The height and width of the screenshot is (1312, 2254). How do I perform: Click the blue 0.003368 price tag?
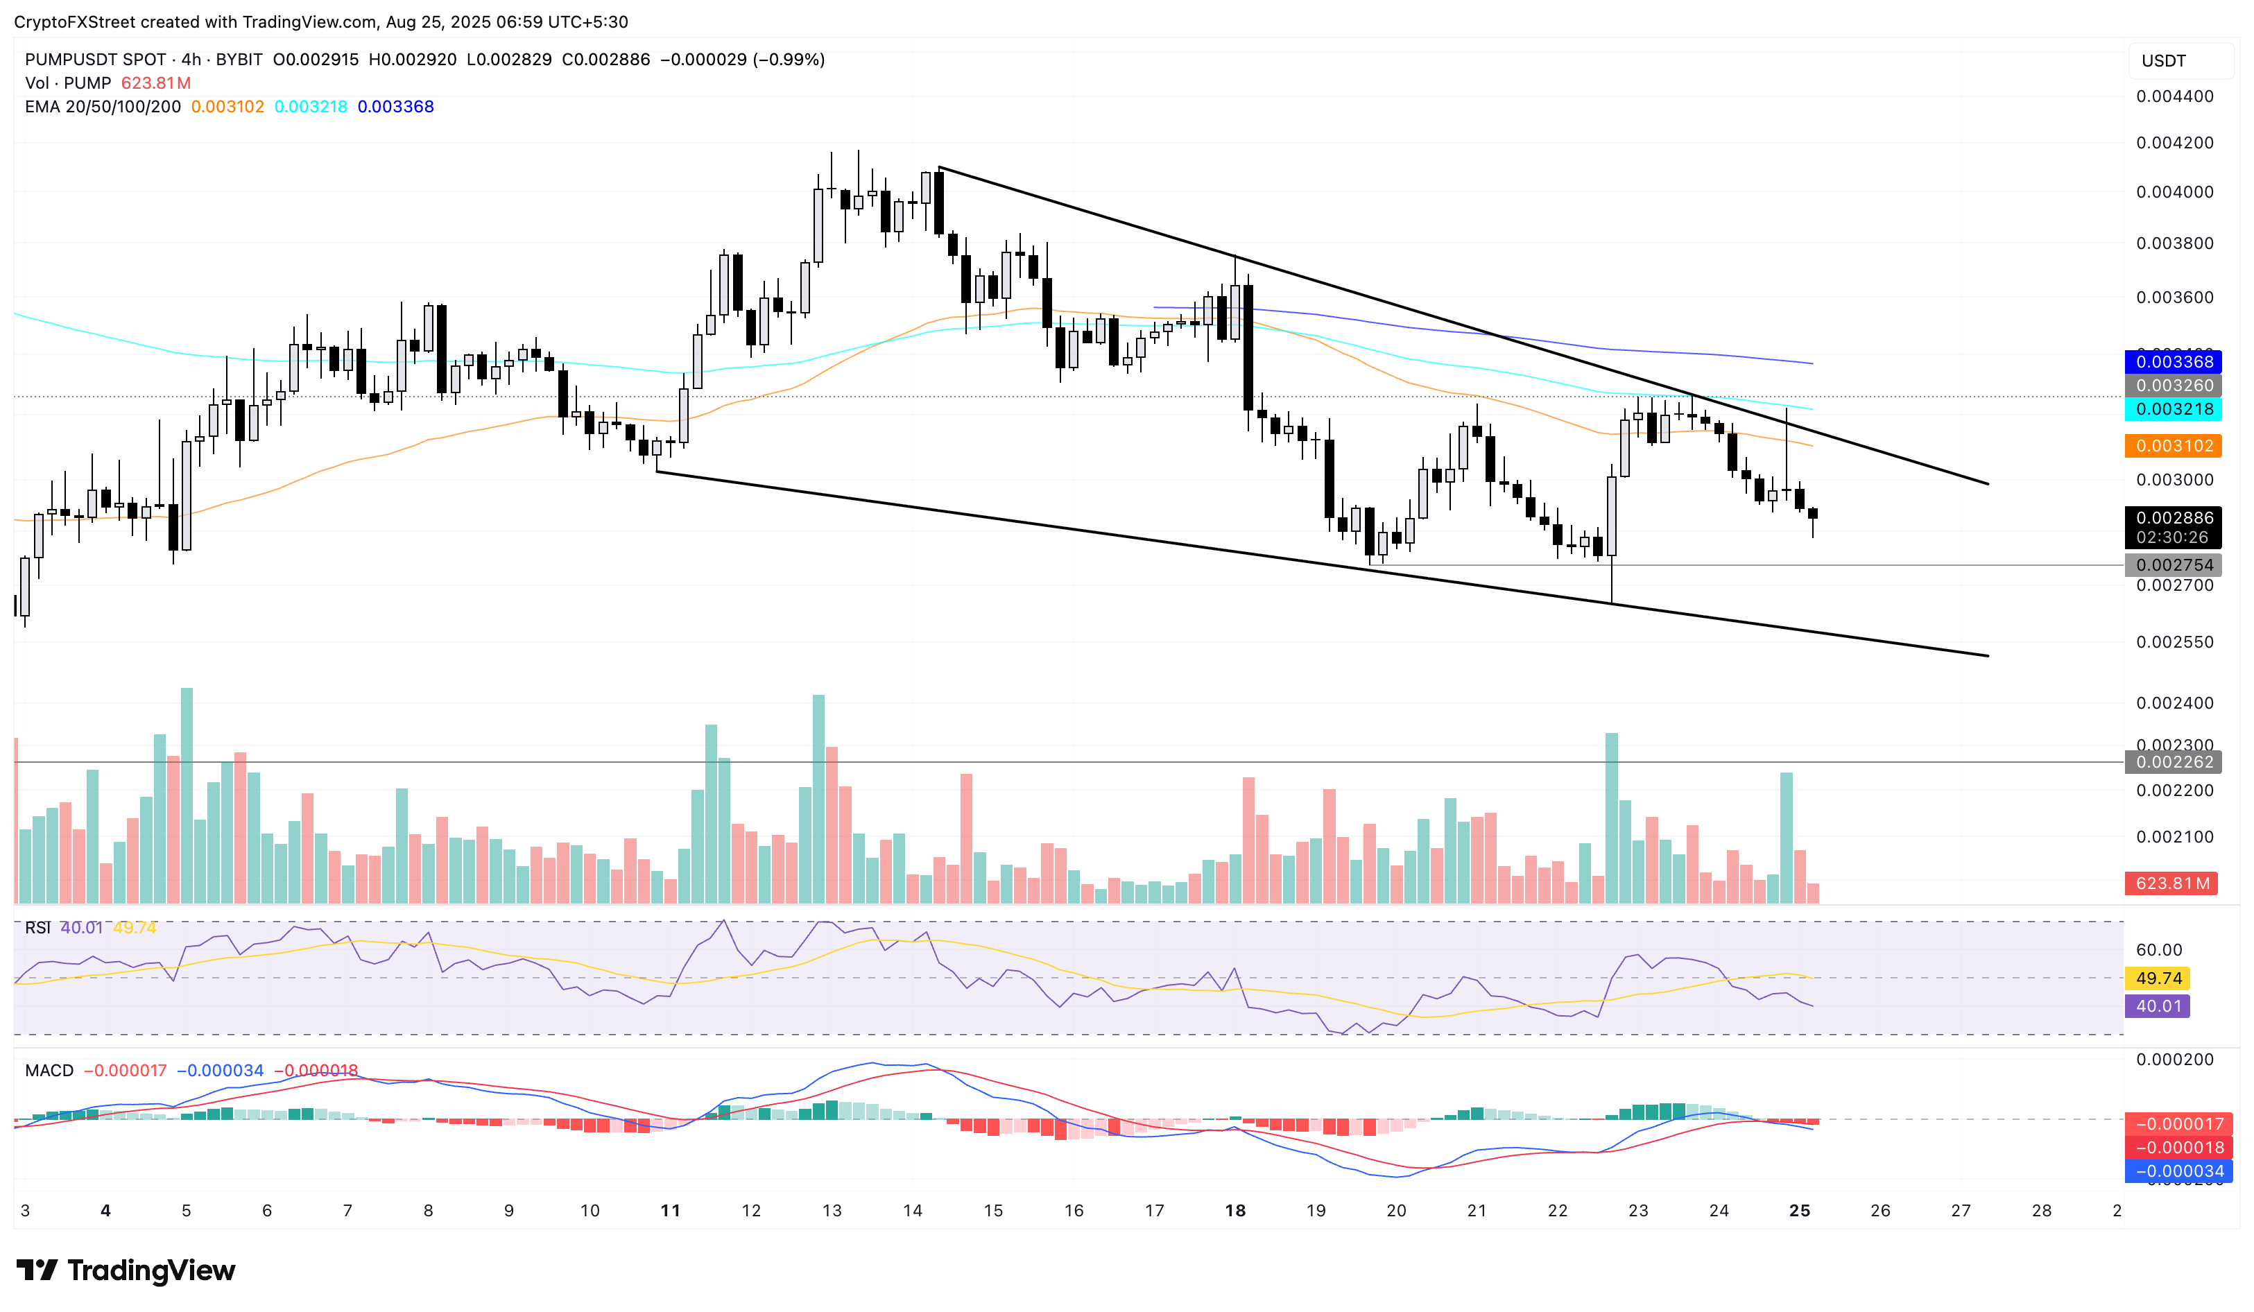[x=2173, y=361]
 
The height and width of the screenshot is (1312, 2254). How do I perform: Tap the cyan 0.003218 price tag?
[x=2173, y=408]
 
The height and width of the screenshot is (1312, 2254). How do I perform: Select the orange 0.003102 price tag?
[x=2173, y=445]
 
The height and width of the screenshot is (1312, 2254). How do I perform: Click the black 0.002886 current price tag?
[x=2173, y=518]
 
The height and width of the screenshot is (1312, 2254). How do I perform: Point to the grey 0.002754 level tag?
[x=2173, y=565]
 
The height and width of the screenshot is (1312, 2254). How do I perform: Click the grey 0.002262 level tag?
[x=2173, y=762]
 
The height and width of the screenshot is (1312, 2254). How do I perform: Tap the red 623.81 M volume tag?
[x=2171, y=883]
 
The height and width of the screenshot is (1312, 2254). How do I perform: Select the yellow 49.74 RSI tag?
[x=2158, y=978]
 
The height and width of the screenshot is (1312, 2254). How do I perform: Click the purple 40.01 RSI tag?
[x=2158, y=1006]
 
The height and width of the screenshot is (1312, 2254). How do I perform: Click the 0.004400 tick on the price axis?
[x=2174, y=96]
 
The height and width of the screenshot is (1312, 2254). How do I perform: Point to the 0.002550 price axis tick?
[x=2174, y=642]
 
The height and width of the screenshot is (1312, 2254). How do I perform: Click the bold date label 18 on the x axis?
[x=1235, y=1210]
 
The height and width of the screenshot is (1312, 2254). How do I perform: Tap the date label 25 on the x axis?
[x=1799, y=1210]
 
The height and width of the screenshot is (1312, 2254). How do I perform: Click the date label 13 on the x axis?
[x=832, y=1210]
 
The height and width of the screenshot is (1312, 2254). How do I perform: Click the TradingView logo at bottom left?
[x=126, y=1270]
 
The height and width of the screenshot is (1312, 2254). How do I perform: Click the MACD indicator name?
[x=49, y=1071]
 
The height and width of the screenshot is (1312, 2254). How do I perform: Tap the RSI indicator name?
[x=37, y=927]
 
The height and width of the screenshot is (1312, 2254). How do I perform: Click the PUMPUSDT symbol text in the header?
[x=96, y=60]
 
